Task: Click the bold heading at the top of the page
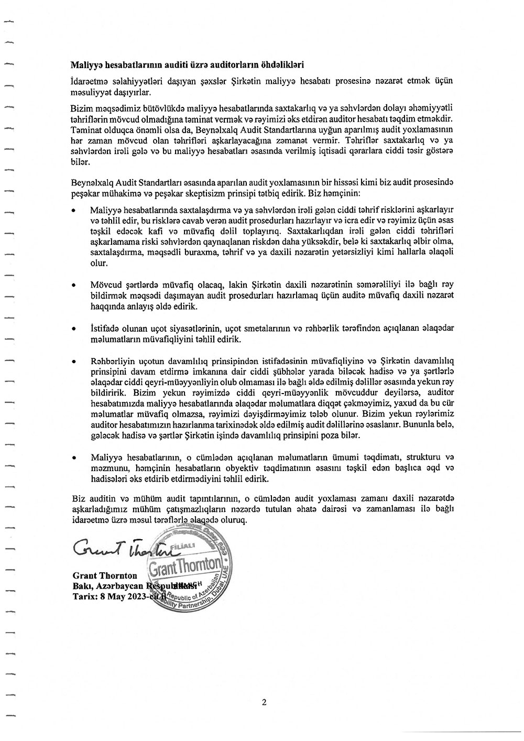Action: (x=187, y=65)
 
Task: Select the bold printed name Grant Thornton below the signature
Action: (x=105, y=576)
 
